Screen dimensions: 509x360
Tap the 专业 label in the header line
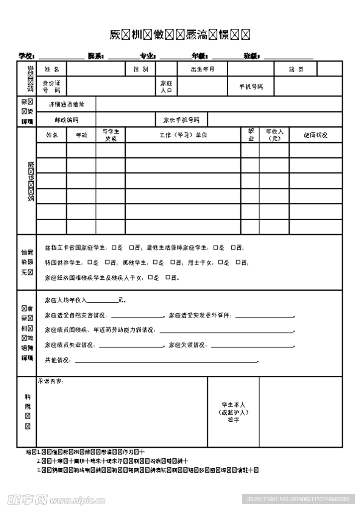coord(148,56)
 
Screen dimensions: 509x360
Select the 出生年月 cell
coord(202,69)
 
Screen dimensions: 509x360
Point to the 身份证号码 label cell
coord(51,86)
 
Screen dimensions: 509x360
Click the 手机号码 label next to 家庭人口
coord(251,86)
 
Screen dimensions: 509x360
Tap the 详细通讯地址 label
coord(66,104)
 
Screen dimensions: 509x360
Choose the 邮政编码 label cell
coord(66,120)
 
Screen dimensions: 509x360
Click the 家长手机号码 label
coord(181,120)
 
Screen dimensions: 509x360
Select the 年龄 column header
coord(81,135)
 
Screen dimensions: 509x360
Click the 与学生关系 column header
coord(110,135)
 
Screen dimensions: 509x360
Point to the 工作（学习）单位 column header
coord(183,135)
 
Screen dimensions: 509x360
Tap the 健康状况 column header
coord(316,135)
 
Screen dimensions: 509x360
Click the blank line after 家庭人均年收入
coord(102,301)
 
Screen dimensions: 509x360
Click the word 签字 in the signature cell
coord(234,420)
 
